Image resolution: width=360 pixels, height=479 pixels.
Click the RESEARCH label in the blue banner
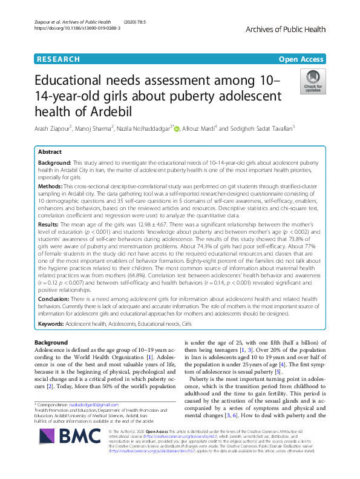click(x=58, y=59)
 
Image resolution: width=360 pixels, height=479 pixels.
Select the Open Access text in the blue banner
click(x=301, y=59)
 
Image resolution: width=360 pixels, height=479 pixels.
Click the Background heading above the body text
click(x=51, y=343)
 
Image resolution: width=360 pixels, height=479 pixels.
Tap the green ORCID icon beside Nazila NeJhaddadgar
click(x=177, y=128)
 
